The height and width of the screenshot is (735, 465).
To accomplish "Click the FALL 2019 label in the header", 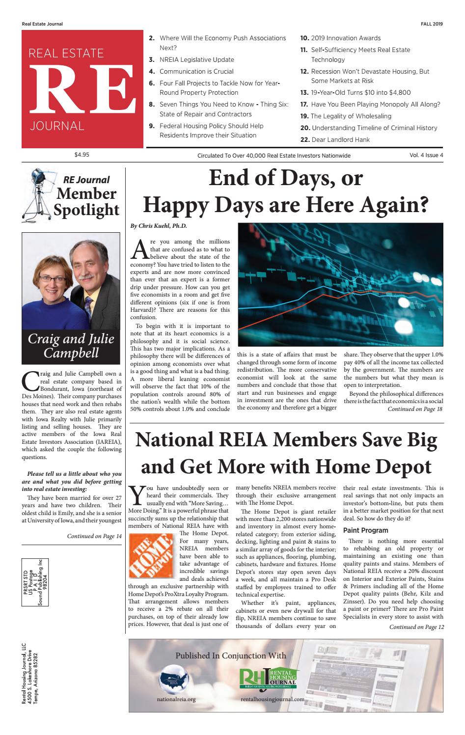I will click(x=432, y=24).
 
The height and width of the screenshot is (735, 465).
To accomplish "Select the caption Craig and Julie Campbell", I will click(x=71, y=346).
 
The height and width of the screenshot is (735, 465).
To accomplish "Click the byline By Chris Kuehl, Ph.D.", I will click(x=159, y=226).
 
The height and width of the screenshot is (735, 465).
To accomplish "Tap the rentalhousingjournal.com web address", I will click(x=273, y=699).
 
